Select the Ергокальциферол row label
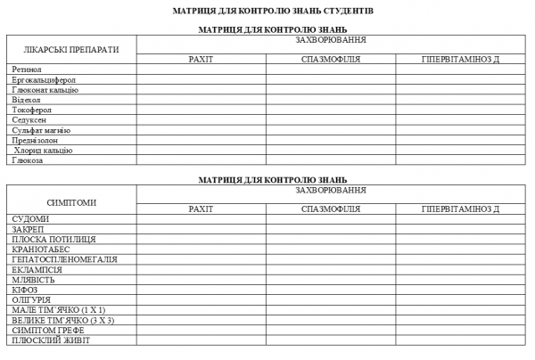pos(44,79)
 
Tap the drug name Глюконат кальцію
pos(45,90)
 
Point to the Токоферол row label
pos(33,110)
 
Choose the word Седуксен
pos(30,120)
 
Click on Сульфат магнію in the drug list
pos(41,130)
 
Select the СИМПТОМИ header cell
pos(71,202)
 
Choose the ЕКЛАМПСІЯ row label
pos(37,270)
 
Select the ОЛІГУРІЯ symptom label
pos(33,300)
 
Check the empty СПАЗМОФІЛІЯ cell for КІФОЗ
pos(331,290)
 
